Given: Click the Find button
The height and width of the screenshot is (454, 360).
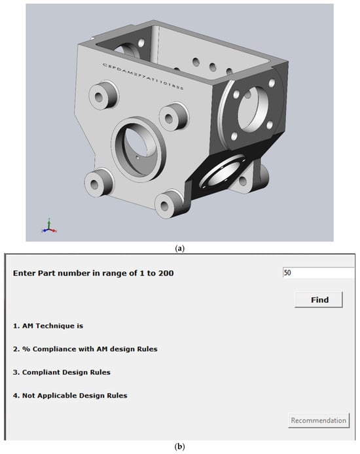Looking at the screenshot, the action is click(319, 300).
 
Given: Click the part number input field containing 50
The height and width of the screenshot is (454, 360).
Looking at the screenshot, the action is click(318, 272).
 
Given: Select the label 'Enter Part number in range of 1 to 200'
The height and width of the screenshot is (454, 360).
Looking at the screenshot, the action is click(93, 273).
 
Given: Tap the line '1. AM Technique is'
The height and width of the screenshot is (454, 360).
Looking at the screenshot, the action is click(48, 326).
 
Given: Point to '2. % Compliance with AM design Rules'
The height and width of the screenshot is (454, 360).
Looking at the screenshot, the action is click(85, 349).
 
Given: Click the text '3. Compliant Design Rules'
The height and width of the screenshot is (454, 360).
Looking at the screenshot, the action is click(62, 372).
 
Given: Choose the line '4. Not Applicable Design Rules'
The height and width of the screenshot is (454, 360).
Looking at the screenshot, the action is click(70, 395).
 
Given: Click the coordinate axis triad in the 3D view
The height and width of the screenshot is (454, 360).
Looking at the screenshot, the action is click(49, 226).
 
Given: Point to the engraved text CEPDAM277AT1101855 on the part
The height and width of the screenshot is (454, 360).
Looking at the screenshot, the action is click(143, 77).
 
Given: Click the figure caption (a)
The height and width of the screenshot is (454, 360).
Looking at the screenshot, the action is click(180, 248).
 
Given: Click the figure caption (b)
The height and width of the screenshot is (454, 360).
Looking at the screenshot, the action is click(180, 446).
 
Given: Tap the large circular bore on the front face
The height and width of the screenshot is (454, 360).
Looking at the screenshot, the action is click(139, 149).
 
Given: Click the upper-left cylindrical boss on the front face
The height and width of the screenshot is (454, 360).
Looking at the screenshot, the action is click(103, 96).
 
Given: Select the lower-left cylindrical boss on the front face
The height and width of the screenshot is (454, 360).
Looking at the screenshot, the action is click(99, 182).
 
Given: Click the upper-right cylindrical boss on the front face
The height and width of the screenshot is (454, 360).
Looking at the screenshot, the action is click(174, 116).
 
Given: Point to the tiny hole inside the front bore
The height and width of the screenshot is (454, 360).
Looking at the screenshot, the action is click(138, 158).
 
